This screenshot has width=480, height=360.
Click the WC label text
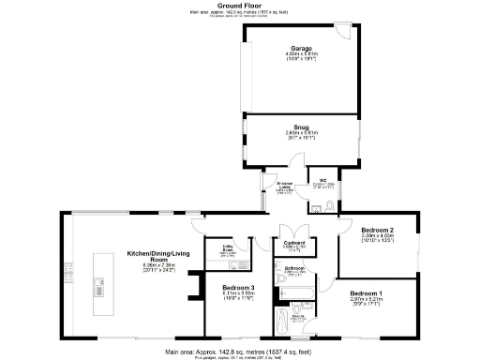(x=323, y=181)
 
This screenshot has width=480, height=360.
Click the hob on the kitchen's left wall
(x=67, y=272)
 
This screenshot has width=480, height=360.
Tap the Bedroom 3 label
(x=239, y=288)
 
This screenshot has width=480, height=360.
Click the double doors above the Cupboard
(x=292, y=228)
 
